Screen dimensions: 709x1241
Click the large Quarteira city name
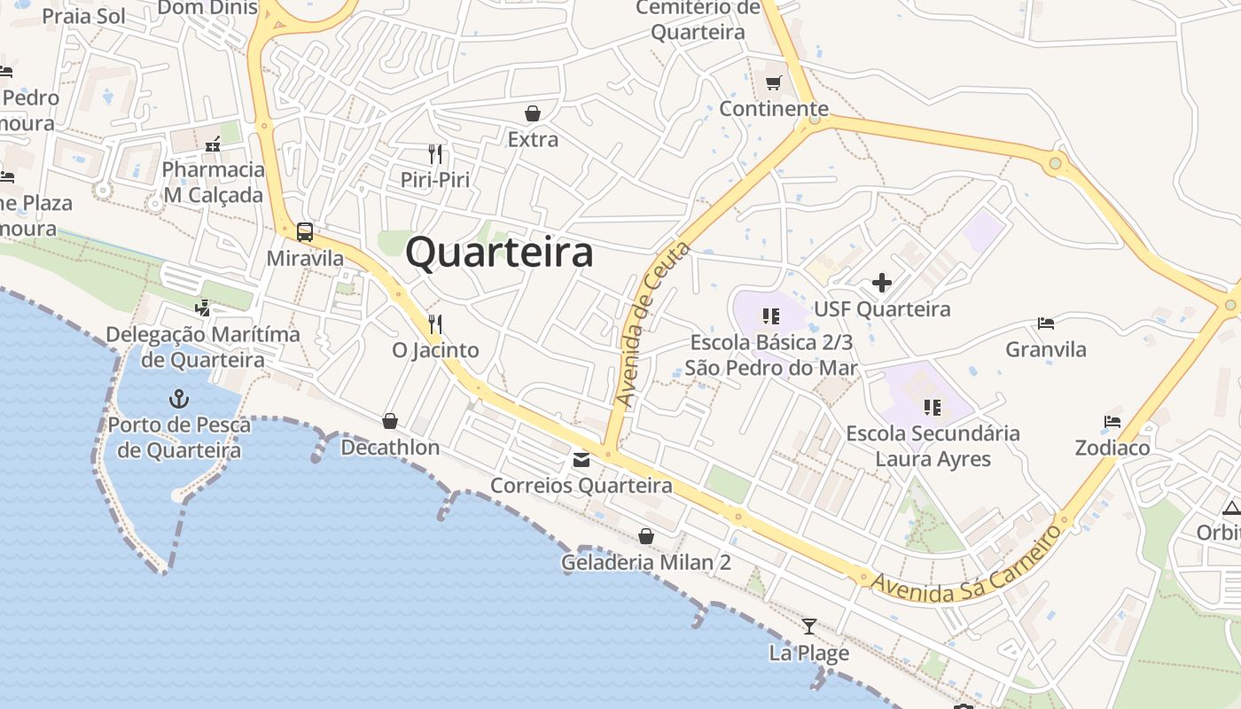click(x=499, y=253)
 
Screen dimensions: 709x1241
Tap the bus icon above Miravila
click(x=305, y=232)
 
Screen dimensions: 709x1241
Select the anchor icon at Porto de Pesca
click(x=179, y=398)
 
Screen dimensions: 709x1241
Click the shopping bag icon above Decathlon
click(x=390, y=421)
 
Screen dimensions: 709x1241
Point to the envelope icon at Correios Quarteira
click(x=581, y=459)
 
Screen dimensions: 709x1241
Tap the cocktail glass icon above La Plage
click(x=808, y=627)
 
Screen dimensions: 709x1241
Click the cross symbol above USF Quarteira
click(x=882, y=283)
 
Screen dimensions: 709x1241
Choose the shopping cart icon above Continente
click(x=774, y=82)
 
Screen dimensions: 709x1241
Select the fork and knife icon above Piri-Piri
click(x=434, y=153)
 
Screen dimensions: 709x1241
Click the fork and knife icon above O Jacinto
click(x=434, y=323)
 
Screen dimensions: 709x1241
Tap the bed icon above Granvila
click(x=1046, y=323)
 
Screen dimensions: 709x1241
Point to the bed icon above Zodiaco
click(x=1112, y=422)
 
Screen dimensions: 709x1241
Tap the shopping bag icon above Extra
click(x=533, y=113)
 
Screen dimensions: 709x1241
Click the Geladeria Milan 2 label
click(x=646, y=563)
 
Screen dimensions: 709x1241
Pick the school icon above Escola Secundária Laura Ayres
click(x=932, y=408)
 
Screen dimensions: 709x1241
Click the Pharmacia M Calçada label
click(x=214, y=182)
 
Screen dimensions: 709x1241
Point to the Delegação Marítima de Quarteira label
click(x=203, y=347)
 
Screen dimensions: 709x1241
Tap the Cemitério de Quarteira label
click(x=699, y=20)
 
